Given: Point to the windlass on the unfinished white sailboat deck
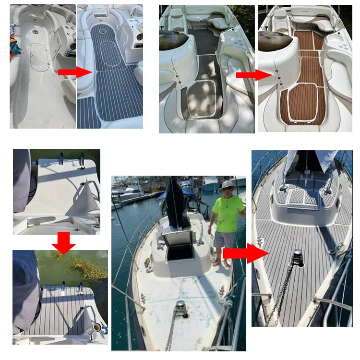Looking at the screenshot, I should coord(180,307).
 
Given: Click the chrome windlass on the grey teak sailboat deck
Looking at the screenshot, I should coord(298,256).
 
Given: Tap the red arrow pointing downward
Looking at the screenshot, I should coord(63,243).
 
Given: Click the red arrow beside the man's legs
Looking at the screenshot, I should coord(244,253).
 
